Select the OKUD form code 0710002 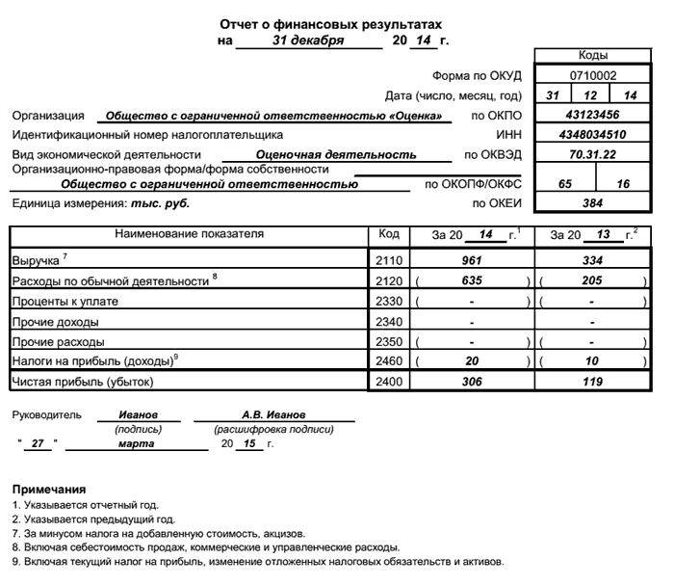click(x=592, y=75)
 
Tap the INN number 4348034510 click(x=592, y=135)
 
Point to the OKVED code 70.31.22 click(x=592, y=154)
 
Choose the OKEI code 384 click(x=592, y=203)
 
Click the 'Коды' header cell click(x=592, y=56)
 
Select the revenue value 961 click(x=472, y=260)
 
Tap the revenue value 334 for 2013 click(x=592, y=260)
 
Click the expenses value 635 click(x=472, y=280)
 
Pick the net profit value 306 click(x=472, y=382)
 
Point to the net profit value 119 click(x=592, y=382)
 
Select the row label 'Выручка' click(x=36, y=261)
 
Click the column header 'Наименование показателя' click(x=189, y=234)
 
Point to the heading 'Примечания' click(x=48, y=491)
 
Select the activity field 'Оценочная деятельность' click(x=336, y=154)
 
